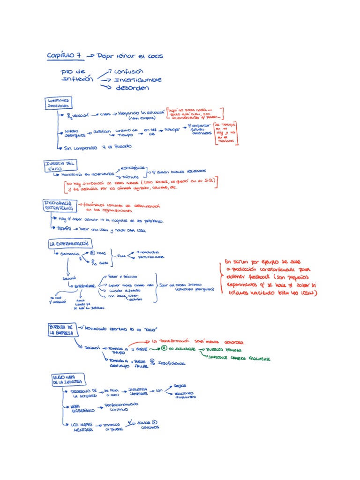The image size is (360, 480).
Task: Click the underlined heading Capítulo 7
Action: (65, 55)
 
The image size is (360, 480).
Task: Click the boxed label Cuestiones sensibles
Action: (58, 103)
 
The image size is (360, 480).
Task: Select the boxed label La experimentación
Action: (70, 244)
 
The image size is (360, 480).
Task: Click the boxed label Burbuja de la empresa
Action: (60, 329)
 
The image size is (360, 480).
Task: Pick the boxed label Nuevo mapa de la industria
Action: (68, 379)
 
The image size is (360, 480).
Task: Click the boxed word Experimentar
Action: (83, 285)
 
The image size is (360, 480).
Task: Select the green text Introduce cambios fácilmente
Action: (239, 359)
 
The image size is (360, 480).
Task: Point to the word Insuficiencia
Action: (172, 363)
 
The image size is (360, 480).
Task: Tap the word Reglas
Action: (180, 386)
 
